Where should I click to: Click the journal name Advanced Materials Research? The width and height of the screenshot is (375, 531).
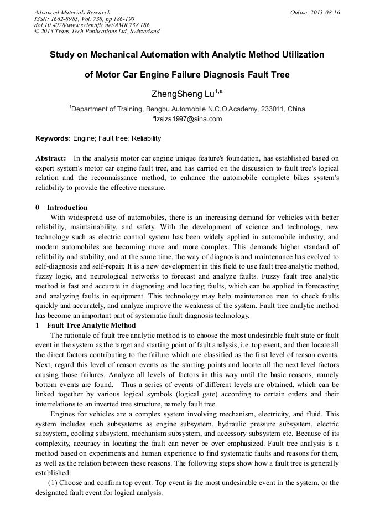pyautogui.click(x=72, y=12)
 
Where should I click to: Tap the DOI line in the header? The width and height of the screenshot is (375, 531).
pyautogui.click(x=92, y=25)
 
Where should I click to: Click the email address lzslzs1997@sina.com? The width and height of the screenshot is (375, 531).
pyautogui.click(x=188, y=119)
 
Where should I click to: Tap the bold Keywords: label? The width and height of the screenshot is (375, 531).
pyautogui.click(x=53, y=138)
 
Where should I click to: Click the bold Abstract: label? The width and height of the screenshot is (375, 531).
pyautogui.click(x=51, y=158)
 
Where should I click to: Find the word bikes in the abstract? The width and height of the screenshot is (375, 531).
pyautogui.click(x=284, y=178)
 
